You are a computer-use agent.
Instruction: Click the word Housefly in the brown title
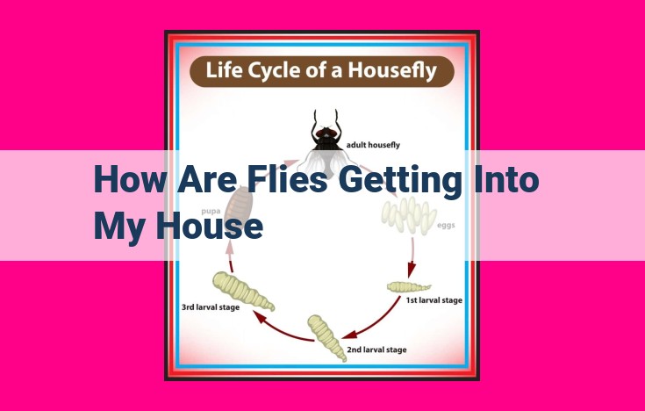point(392,70)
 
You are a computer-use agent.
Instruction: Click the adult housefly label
point(373,145)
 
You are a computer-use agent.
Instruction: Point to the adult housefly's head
point(326,133)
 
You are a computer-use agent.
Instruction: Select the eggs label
point(446,226)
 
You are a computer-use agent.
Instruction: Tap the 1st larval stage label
point(434,300)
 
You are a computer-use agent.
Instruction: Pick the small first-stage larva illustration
point(408,286)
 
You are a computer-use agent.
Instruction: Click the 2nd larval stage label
point(376,350)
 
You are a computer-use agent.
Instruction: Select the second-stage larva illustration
point(326,337)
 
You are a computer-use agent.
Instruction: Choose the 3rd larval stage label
point(211,307)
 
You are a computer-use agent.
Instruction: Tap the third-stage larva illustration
point(243,291)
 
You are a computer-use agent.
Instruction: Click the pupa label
point(211,212)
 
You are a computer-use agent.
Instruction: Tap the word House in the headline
point(209,227)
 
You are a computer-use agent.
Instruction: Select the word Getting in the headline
point(399,181)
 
